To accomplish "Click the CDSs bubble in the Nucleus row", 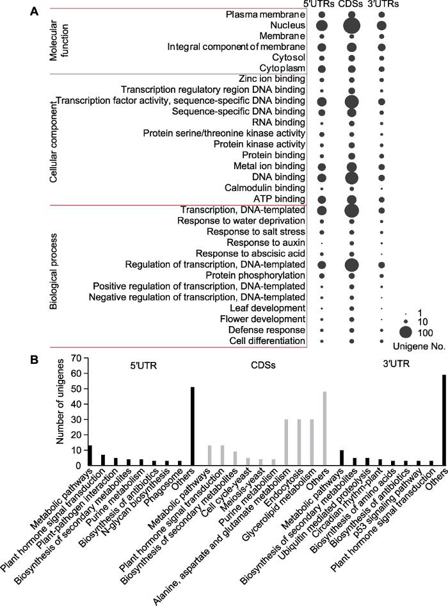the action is (x=351, y=26).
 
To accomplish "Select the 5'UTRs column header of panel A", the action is (x=319, y=4).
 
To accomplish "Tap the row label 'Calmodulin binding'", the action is (x=265, y=188).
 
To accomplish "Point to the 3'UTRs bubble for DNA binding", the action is (x=381, y=178).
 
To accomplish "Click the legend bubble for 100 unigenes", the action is (x=406, y=332).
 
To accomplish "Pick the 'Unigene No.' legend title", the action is (x=419, y=347).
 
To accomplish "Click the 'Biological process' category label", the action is (x=53, y=272).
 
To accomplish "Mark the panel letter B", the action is (x=35, y=360).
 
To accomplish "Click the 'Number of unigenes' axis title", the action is (x=60, y=401).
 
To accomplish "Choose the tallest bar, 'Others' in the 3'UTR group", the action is (x=444, y=420).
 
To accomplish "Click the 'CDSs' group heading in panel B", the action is (x=263, y=365).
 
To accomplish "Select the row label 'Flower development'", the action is (x=262, y=319).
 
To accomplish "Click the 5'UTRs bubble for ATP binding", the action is (x=322, y=200).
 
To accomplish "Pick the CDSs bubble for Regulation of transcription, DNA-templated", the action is (x=351, y=265).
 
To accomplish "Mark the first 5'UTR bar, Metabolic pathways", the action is (x=90, y=455).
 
